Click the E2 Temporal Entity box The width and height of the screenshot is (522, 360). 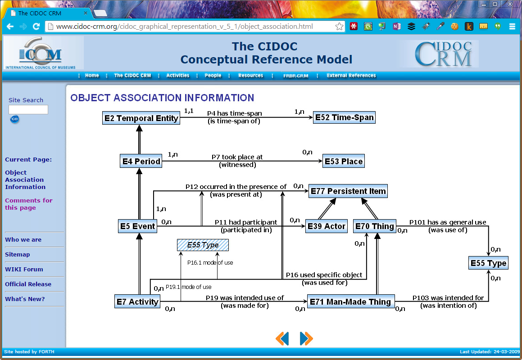point(141,118)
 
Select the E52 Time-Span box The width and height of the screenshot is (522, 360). point(344,117)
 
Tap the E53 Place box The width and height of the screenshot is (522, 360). point(343,162)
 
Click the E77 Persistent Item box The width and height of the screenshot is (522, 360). point(348,191)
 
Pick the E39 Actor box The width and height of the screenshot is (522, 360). point(327,226)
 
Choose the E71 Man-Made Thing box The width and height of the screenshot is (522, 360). point(350,302)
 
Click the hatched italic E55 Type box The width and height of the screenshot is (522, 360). point(203,245)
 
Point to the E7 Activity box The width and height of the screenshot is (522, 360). point(137,302)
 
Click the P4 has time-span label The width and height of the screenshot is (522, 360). point(234,114)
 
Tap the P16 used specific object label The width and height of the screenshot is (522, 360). point(324,275)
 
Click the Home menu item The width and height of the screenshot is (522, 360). point(92,76)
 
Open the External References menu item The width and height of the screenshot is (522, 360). point(351,76)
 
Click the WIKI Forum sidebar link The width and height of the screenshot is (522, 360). point(24,270)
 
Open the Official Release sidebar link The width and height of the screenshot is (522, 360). point(28,284)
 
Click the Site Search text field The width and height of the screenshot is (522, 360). point(28,110)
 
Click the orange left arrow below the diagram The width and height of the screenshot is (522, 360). point(282,338)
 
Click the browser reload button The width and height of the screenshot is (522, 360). point(36,27)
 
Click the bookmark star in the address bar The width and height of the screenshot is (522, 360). point(339,27)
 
